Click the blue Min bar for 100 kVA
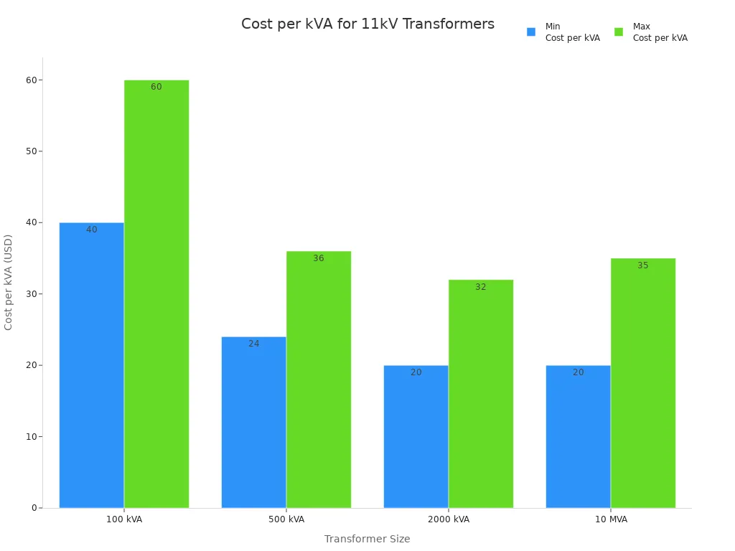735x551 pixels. (91, 365)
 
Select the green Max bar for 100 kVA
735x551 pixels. (156, 294)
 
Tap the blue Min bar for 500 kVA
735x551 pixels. (253, 423)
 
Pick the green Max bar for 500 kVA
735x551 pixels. (319, 380)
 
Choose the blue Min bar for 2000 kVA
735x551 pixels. (416, 437)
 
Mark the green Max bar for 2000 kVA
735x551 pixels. (481, 394)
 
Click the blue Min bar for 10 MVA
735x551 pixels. (578, 437)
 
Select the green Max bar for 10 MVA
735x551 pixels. (643, 383)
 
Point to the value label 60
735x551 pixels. (156, 87)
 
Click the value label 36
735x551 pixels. (319, 258)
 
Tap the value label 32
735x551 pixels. (481, 287)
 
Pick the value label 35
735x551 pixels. (643, 265)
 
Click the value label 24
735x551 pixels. (254, 344)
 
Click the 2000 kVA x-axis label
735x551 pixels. (449, 519)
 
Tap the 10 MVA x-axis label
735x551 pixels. (611, 519)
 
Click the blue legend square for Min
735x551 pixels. (531, 32)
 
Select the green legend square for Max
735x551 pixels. (619, 32)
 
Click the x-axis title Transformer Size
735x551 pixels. (367, 539)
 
